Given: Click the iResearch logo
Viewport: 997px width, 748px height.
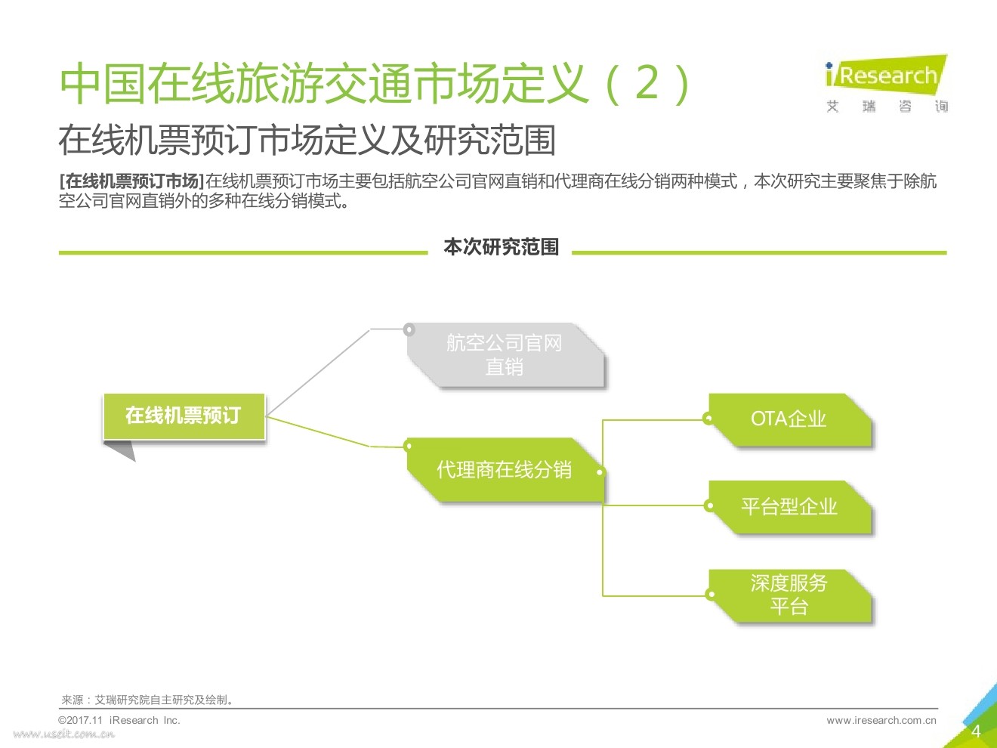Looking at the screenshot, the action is tap(886, 83).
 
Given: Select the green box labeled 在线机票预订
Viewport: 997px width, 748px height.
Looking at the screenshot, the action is tap(184, 416).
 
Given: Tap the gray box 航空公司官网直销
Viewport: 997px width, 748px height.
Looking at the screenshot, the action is tap(505, 355).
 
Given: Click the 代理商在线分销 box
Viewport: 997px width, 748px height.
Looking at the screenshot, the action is tap(505, 470).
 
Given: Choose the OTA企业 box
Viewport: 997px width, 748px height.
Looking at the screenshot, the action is tap(789, 419).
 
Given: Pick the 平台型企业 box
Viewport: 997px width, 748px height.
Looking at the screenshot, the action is tap(789, 507).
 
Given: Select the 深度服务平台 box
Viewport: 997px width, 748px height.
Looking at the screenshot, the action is tap(789, 595).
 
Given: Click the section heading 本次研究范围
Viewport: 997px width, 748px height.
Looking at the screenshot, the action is tap(501, 247).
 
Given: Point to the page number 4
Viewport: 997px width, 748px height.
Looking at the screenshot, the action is tap(976, 731).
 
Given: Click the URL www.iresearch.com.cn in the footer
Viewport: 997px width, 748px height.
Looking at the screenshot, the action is tap(881, 720).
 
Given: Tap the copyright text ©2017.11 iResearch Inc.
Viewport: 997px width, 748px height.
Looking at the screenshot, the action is tap(119, 720).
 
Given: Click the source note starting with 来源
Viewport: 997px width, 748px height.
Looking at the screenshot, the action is tap(148, 700).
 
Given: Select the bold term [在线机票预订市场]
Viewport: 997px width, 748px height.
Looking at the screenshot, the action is tap(131, 181).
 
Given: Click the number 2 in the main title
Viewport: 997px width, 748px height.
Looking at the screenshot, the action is tap(648, 82).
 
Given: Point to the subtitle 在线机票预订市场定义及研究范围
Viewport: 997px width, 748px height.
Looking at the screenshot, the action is tap(307, 141).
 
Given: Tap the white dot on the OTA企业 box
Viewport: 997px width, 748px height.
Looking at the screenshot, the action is tap(708, 419).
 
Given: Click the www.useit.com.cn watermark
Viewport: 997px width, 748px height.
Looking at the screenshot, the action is tap(64, 734).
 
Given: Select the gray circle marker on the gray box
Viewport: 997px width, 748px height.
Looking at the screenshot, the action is tap(409, 329).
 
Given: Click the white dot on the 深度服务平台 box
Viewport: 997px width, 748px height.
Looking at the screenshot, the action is tap(711, 595).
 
